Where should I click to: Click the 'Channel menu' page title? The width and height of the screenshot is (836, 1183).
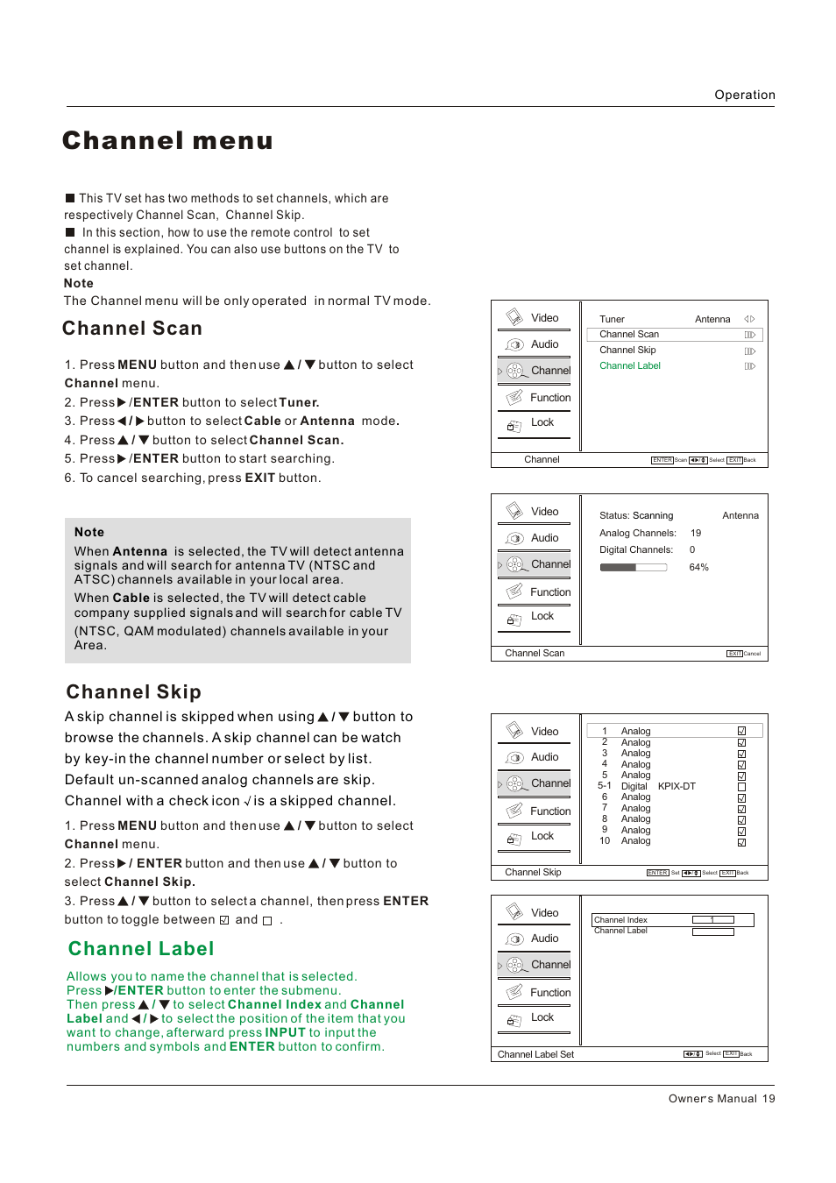(x=167, y=141)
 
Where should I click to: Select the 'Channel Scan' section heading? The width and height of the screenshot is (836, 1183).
(x=132, y=329)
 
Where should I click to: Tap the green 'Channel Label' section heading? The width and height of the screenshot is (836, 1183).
(x=141, y=949)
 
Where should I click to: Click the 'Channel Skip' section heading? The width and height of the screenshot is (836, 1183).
(x=134, y=692)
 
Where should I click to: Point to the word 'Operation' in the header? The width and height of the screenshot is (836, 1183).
(x=744, y=95)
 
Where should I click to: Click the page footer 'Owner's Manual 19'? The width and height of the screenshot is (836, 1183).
(x=721, y=1098)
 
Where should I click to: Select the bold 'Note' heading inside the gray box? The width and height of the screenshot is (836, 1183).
(x=89, y=532)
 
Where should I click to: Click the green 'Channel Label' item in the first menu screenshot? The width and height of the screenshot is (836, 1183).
(x=629, y=366)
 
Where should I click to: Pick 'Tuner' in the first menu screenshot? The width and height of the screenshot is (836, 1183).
(x=612, y=319)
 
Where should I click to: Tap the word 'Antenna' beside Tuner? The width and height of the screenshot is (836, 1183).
(x=712, y=319)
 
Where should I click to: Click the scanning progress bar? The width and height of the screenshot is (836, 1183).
(x=633, y=568)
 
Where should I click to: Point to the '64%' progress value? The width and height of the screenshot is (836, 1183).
(x=698, y=568)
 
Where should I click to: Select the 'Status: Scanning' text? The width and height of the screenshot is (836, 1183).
(x=636, y=515)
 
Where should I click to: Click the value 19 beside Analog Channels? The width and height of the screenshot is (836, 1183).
(x=696, y=533)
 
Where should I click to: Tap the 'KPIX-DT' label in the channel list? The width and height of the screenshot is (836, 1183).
(x=677, y=786)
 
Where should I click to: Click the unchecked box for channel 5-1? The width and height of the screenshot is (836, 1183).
(x=741, y=787)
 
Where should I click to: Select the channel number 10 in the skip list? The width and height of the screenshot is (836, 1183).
(x=605, y=840)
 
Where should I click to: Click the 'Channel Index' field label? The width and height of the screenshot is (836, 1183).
(x=620, y=920)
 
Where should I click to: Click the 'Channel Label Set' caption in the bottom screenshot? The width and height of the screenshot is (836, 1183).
(x=535, y=1054)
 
